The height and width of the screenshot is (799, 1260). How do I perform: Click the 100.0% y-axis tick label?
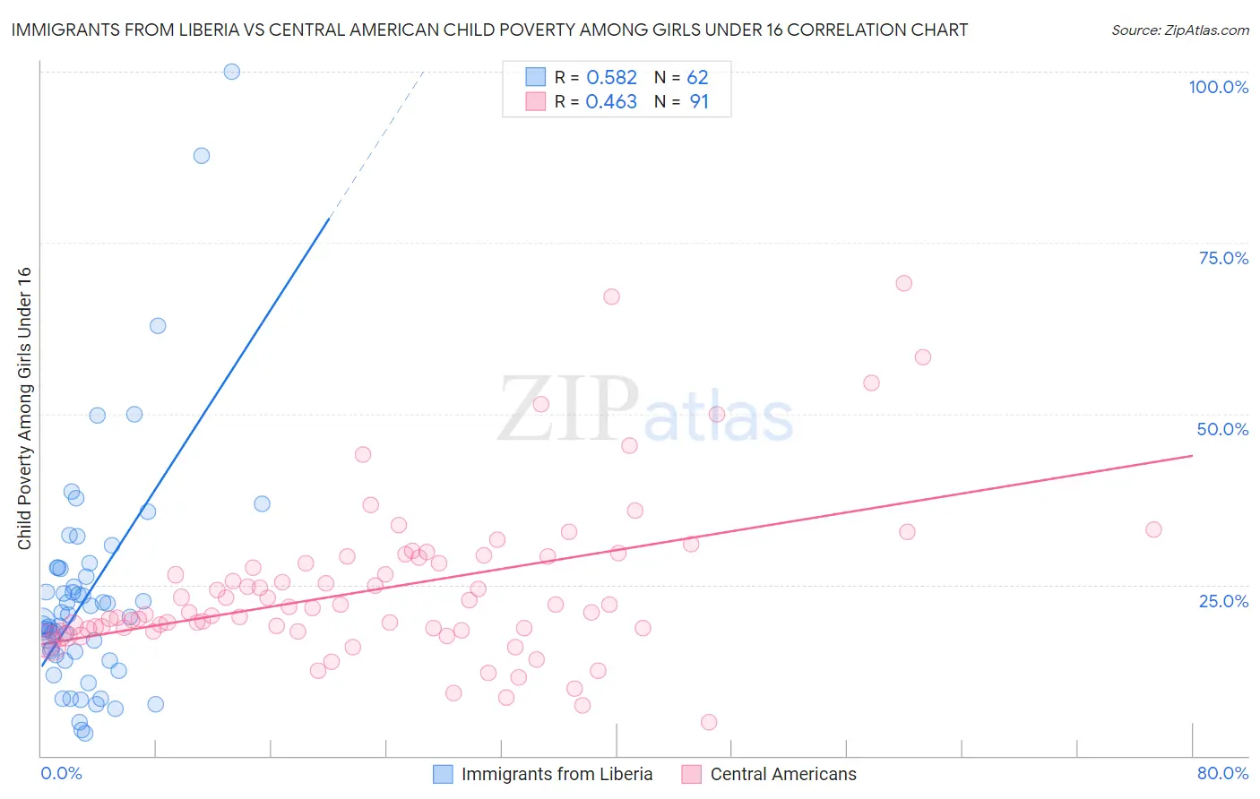1218,87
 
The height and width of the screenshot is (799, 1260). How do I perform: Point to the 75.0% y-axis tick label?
1223,258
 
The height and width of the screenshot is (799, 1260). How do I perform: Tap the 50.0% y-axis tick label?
1222,429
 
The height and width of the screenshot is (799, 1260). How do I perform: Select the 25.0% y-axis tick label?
1223,601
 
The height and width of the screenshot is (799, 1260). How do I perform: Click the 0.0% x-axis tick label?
61,773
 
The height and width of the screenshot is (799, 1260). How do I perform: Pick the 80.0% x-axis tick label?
1222,773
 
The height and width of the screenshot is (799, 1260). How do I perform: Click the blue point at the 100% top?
231,72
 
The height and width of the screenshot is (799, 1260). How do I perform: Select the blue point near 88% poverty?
202,156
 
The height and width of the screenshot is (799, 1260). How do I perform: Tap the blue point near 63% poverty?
158,326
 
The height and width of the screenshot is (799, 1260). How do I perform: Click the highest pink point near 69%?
903,283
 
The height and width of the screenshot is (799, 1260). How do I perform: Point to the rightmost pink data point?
1153,529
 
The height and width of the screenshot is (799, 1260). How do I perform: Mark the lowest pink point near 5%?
709,722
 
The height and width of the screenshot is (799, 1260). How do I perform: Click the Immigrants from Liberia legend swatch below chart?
443,774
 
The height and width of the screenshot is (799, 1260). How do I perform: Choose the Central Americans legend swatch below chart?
691,774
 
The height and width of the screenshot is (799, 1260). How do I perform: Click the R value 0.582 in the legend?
611,78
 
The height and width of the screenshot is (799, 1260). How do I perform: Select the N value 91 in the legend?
699,102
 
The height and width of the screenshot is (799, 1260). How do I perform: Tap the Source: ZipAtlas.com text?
1179,30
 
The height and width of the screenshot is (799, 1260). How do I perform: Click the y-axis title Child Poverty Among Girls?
24,408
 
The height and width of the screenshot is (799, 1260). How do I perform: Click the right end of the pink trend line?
1192,456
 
